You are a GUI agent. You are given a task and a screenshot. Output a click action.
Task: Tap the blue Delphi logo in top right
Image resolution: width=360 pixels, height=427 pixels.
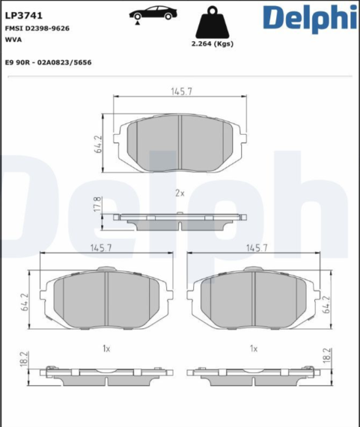click(x=308, y=18)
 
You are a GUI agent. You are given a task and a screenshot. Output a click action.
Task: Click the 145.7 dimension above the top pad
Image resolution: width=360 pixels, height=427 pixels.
click(x=180, y=91)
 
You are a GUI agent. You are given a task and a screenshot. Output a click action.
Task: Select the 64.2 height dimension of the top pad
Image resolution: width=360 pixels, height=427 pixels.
click(x=97, y=144)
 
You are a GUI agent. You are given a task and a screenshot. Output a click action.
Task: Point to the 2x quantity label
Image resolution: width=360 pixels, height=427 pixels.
click(x=180, y=193)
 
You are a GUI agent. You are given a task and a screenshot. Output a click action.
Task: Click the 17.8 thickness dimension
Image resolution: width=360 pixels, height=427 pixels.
click(x=97, y=204)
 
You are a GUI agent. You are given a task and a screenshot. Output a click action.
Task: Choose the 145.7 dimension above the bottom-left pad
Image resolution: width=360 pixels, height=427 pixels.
click(x=100, y=248)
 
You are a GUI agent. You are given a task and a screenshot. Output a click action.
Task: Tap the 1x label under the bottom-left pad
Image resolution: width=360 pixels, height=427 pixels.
click(x=106, y=348)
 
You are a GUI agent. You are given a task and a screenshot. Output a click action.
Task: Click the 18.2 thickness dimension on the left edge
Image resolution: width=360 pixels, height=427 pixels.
click(x=24, y=357)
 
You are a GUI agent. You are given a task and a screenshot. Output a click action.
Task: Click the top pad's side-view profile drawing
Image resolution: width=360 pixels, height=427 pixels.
click(x=180, y=219)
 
